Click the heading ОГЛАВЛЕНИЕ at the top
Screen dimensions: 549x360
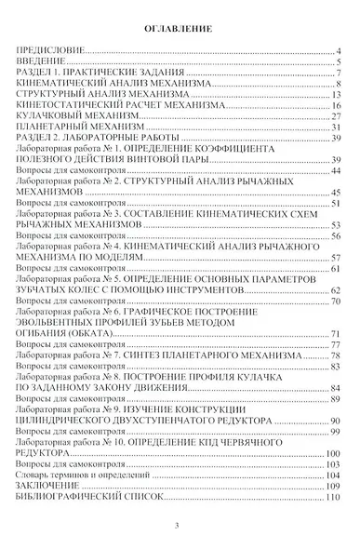coord(180,31)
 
